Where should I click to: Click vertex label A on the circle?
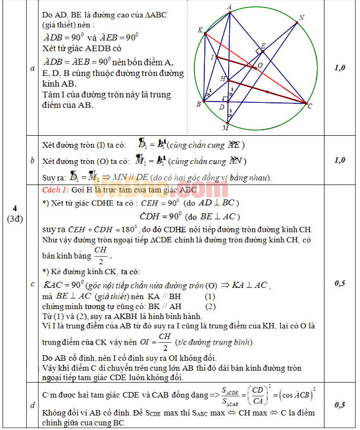(x=230, y=7)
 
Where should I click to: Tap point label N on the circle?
(x=301, y=17)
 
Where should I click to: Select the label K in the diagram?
(x=200, y=30)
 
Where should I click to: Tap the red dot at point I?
(x=217, y=57)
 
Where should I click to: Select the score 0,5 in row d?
(x=339, y=404)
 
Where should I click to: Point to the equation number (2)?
(x=210, y=306)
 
